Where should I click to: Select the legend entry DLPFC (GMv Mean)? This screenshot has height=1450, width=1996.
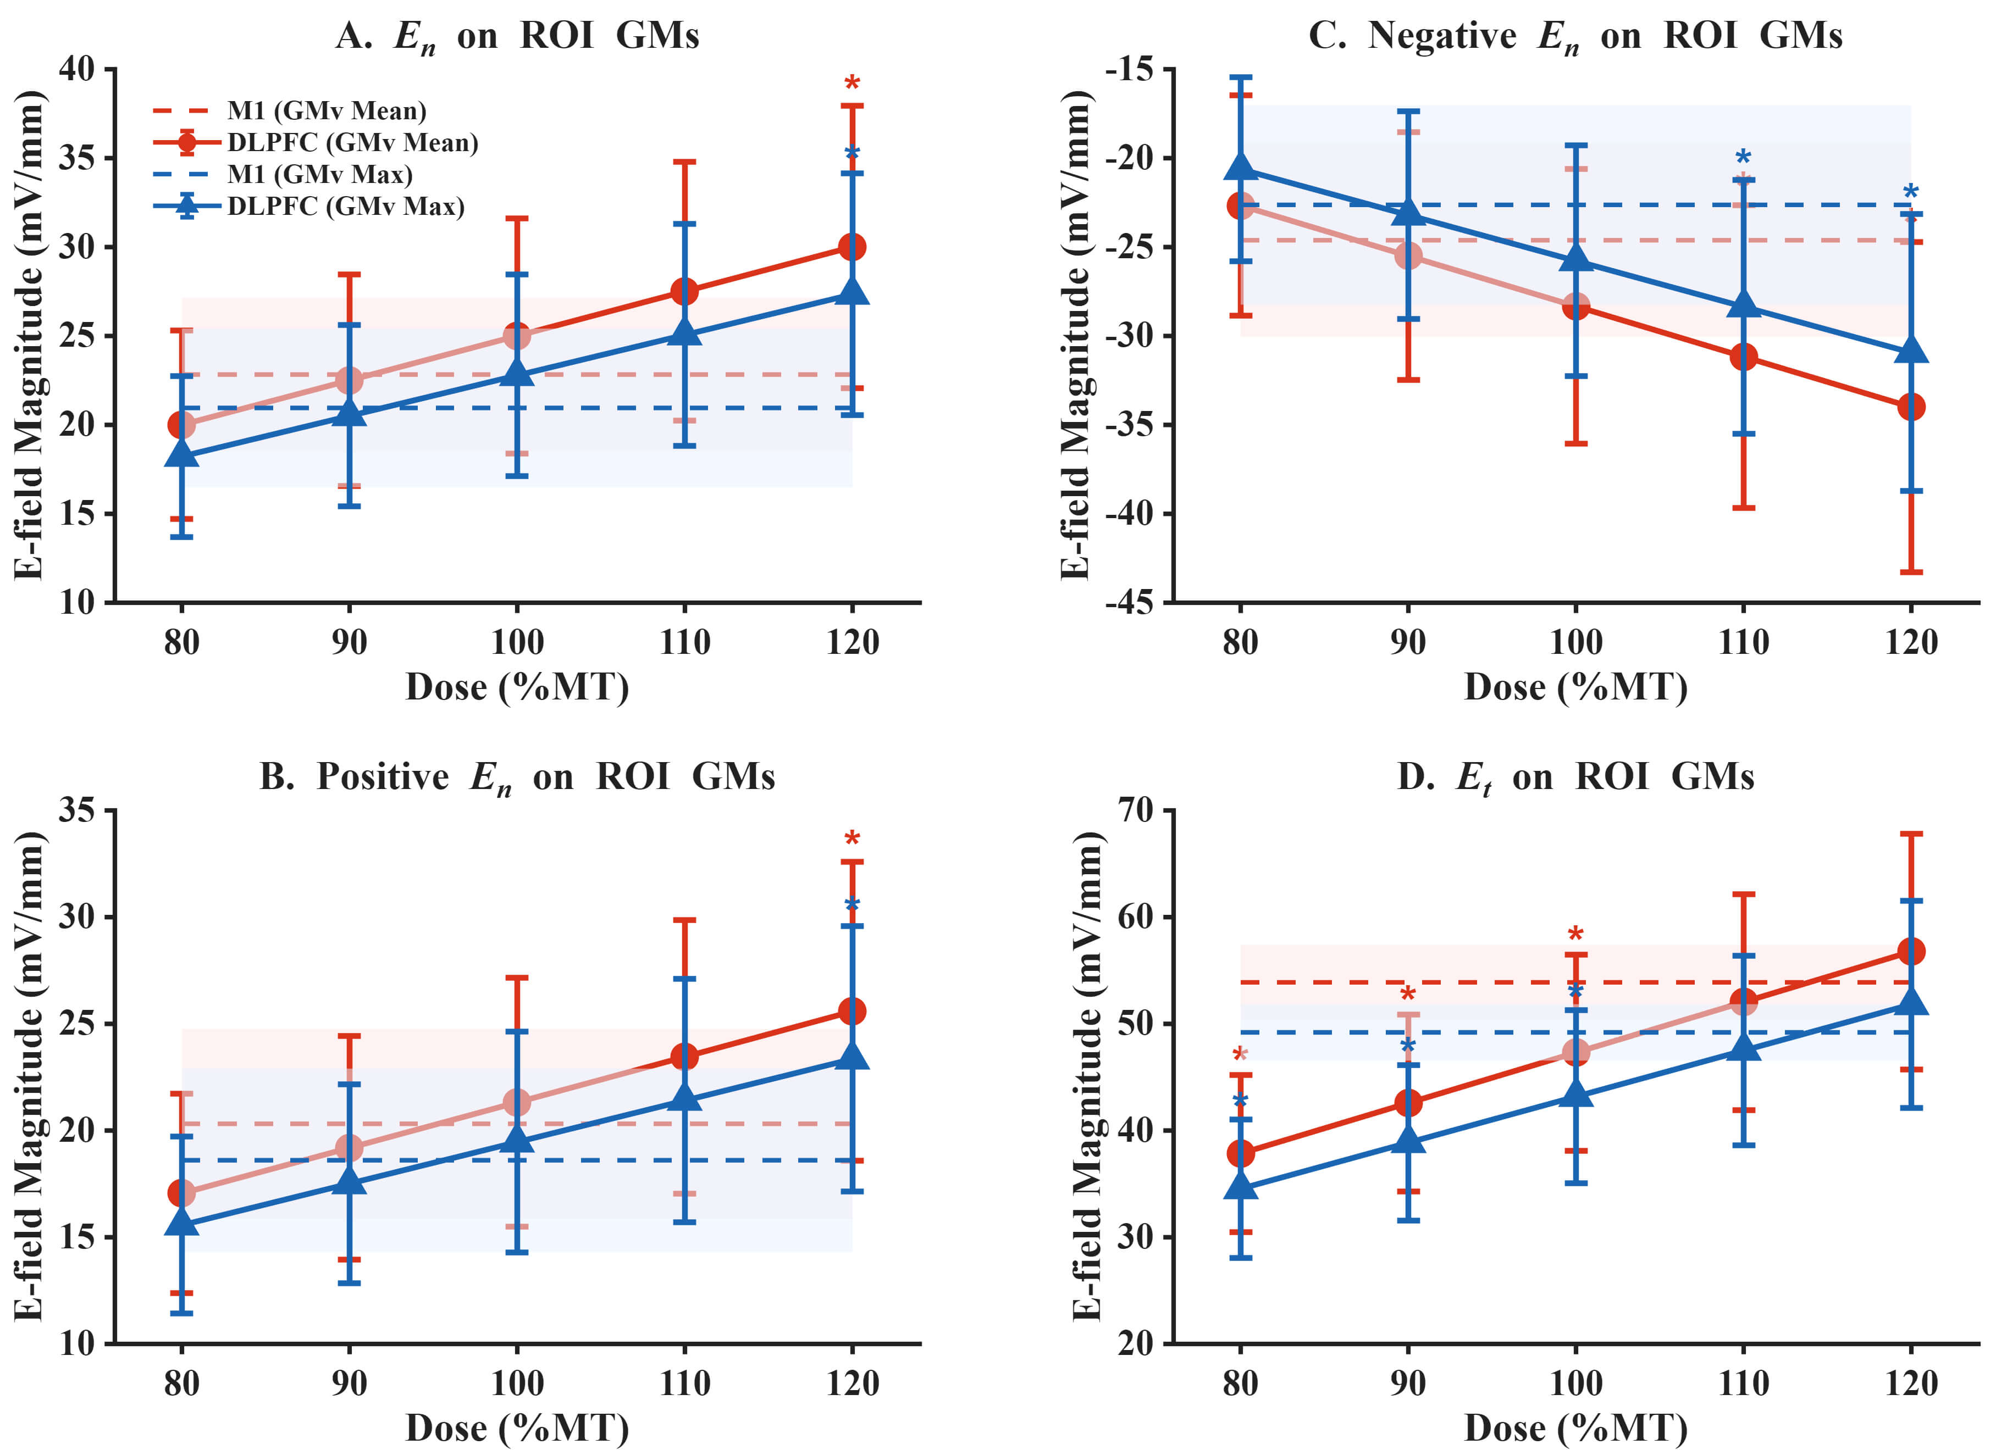(x=352, y=142)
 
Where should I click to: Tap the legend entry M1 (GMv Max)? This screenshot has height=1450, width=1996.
(x=319, y=174)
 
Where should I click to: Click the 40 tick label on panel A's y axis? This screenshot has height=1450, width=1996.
(x=76, y=69)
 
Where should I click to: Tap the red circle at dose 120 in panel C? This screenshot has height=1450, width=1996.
(x=1911, y=407)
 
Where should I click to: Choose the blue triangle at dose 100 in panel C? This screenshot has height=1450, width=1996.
(x=1575, y=258)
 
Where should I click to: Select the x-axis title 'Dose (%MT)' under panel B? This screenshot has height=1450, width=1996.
(x=517, y=1427)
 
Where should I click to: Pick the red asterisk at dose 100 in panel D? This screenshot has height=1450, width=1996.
(x=1575, y=935)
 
